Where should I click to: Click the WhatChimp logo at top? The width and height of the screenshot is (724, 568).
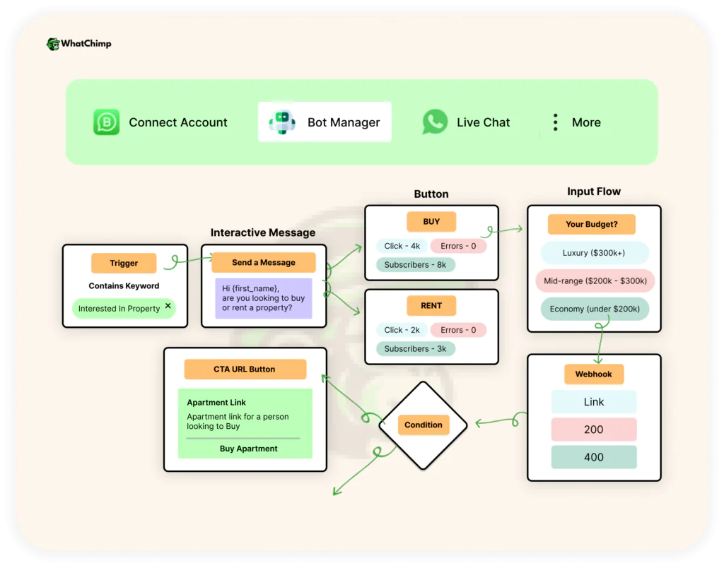click(78, 44)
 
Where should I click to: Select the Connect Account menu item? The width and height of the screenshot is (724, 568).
click(161, 122)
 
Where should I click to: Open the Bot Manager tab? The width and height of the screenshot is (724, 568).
click(325, 122)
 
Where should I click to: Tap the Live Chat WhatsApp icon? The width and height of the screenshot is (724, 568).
click(435, 122)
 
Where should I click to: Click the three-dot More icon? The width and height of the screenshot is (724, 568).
click(556, 122)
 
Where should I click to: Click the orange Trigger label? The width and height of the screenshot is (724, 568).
click(124, 263)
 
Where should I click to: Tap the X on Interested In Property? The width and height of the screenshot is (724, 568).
click(168, 306)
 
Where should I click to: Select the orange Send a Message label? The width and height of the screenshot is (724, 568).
click(264, 262)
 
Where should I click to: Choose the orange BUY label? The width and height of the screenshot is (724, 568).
click(431, 221)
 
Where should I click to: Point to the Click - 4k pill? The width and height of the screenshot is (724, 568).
click(402, 246)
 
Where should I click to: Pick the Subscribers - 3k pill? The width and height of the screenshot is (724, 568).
click(415, 348)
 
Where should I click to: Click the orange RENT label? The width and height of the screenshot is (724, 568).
click(431, 306)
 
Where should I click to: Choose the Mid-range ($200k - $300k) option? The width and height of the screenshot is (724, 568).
click(595, 280)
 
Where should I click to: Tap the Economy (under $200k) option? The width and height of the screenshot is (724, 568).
click(595, 309)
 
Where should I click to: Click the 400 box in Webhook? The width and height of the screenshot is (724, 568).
click(594, 457)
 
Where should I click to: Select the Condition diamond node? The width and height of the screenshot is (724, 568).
click(424, 425)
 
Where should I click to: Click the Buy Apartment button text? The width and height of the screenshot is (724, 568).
click(249, 449)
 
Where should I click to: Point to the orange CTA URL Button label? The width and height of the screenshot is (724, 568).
click(245, 369)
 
